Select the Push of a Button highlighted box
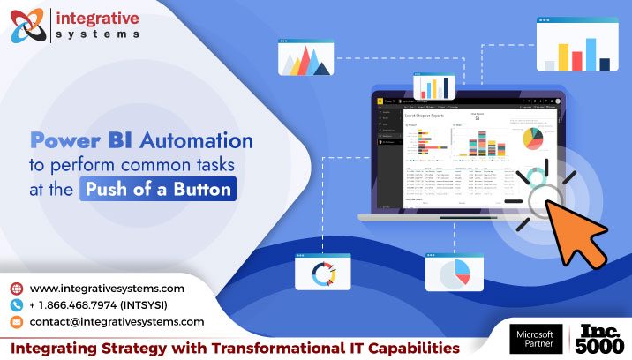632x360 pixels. (x=158, y=188)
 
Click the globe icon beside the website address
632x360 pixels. (x=17, y=289)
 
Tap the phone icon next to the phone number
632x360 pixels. (x=17, y=305)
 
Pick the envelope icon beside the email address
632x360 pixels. (x=17, y=322)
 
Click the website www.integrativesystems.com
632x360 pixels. (x=107, y=289)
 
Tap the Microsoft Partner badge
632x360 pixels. (x=535, y=340)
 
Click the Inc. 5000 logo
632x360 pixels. (x=601, y=340)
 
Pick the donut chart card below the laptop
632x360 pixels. (x=320, y=274)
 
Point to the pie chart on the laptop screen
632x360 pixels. (x=532, y=139)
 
